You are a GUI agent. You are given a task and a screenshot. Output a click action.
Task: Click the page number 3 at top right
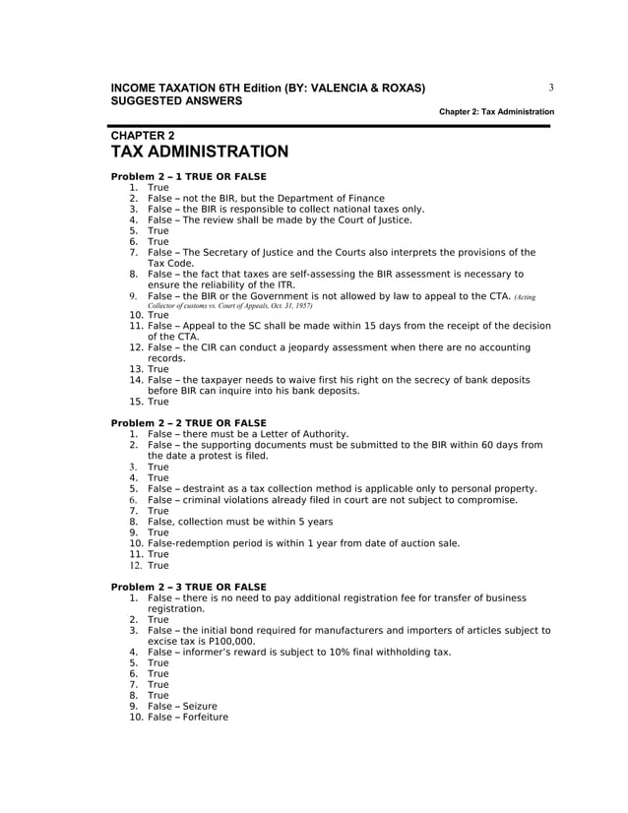(x=551, y=88)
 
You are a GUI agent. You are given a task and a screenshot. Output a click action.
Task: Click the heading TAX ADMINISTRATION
(x=200, y=152)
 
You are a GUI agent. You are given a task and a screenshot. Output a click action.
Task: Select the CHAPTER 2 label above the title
(x=143, y=135)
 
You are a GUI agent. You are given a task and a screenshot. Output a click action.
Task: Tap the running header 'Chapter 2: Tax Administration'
(x=496, y=112)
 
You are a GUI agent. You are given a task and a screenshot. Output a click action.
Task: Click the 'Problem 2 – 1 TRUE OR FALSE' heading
(x=189, y=176)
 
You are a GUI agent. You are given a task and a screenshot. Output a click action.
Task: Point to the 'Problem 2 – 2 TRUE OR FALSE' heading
(x=189, y=423)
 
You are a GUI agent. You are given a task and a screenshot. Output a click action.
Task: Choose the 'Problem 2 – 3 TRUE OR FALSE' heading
(x=189, y=587)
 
